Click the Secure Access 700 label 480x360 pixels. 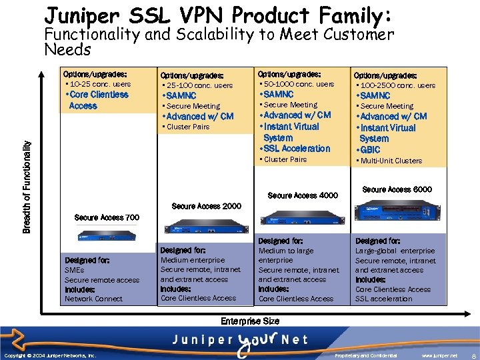tap(107, 217)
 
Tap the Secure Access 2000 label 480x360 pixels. tap(207, 206)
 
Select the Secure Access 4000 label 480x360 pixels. tap(303, 195)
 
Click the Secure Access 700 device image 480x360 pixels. tap(107, 234)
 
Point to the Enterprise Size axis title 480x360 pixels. tap(250, 321)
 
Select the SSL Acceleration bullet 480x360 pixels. tap(297, 148)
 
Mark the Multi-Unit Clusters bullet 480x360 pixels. tap(391, 161)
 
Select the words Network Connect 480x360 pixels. tap(93, 299)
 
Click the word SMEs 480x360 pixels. tap(74, 270)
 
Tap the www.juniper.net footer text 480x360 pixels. tap(439, 356)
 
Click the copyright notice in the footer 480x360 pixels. tap(50, 356)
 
